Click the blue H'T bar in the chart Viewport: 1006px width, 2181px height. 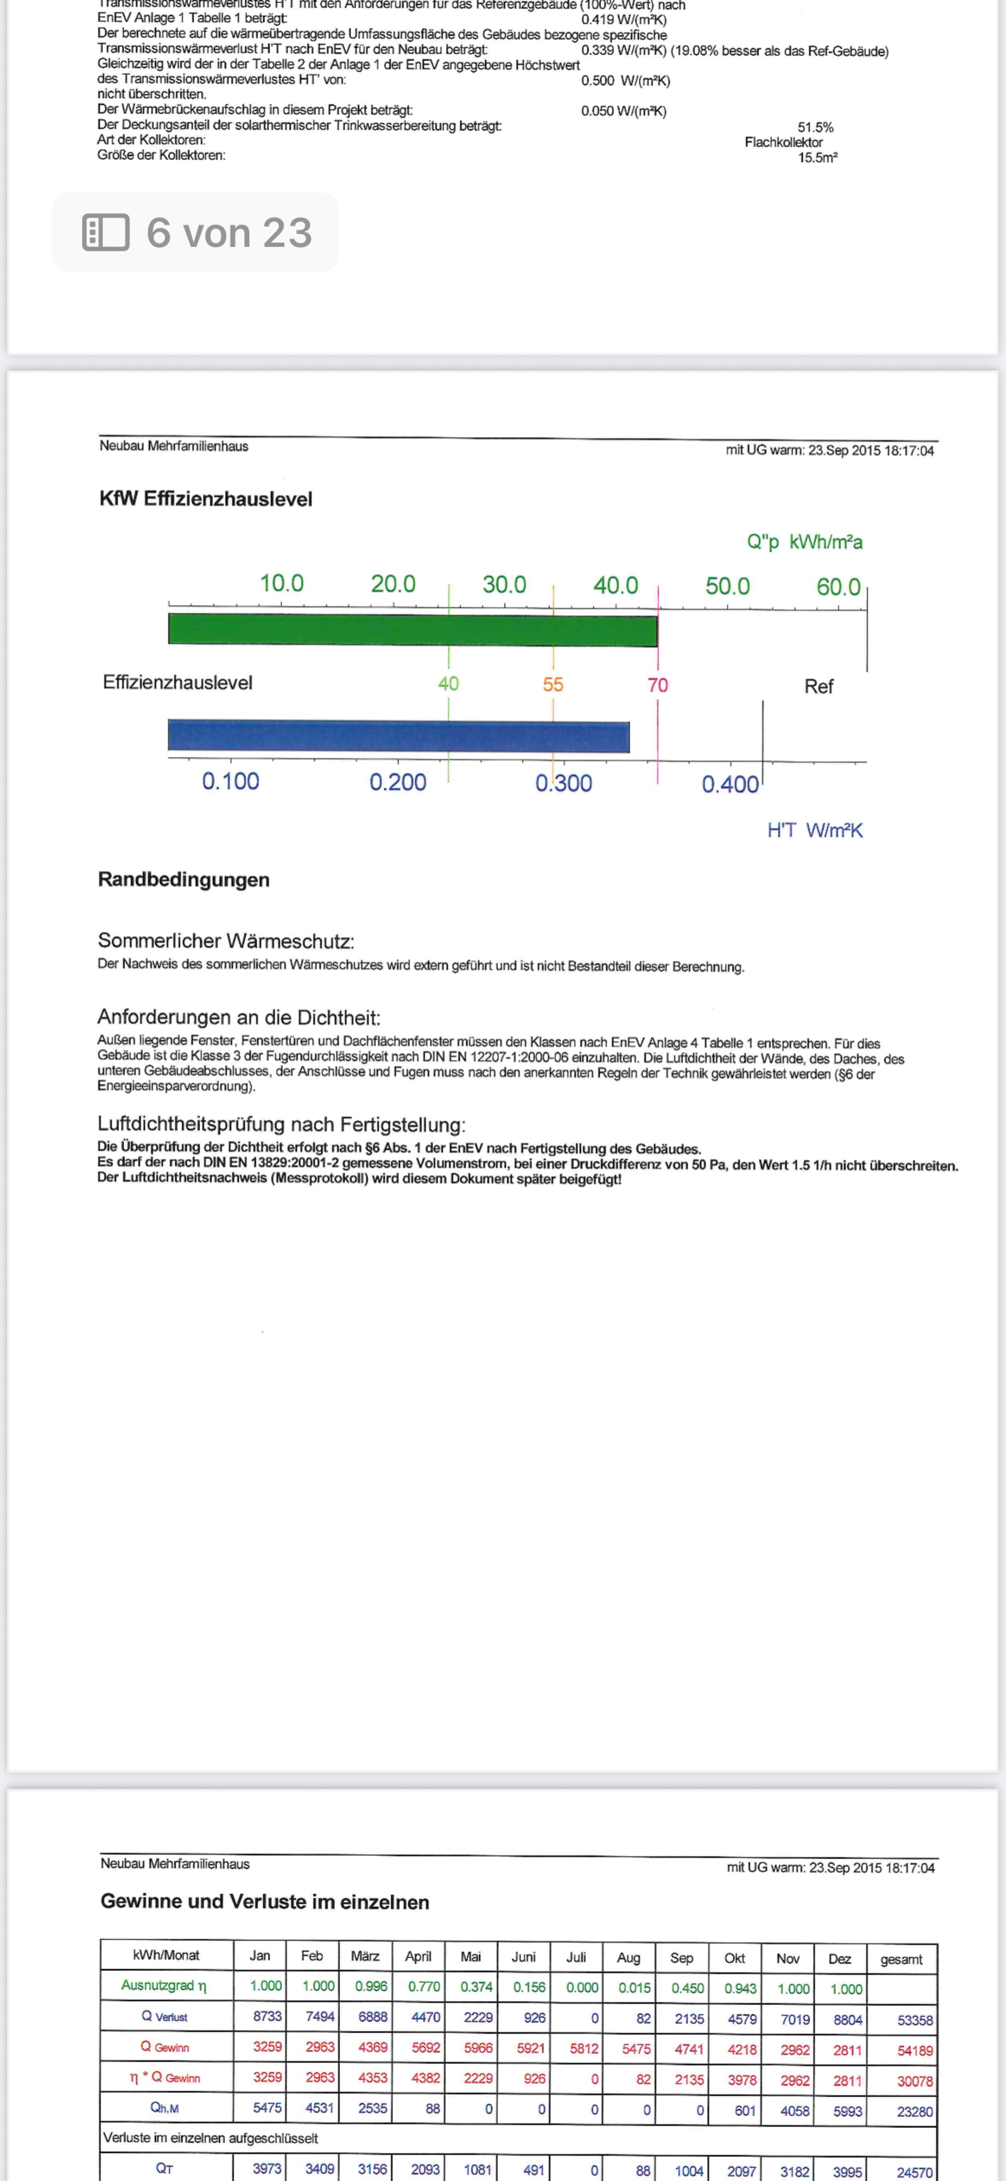[x=398, y=736]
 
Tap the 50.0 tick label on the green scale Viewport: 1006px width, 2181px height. [x=727, y=586]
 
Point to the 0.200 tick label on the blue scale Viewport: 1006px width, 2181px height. [x=397, y=781]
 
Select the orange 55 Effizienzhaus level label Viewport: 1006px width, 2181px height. [x=553, y=684]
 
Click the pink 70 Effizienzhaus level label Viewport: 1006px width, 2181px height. [x=658, y=685]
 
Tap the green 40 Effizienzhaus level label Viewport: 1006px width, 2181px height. [x=448, y=683]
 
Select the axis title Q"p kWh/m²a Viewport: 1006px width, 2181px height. [x=804, y=542]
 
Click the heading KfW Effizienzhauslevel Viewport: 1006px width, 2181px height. [x=206, y=499]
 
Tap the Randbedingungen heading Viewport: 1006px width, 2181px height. [x=184, y=880]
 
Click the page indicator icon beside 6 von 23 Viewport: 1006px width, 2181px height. [x=106, y=232]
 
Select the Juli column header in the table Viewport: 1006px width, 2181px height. [x=576, y=1957]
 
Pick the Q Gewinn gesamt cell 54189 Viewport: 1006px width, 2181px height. [x=914, y=2051]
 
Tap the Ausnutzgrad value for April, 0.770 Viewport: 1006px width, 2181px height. [x=424, y=1986]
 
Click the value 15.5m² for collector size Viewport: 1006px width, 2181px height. [x=817, y=158]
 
